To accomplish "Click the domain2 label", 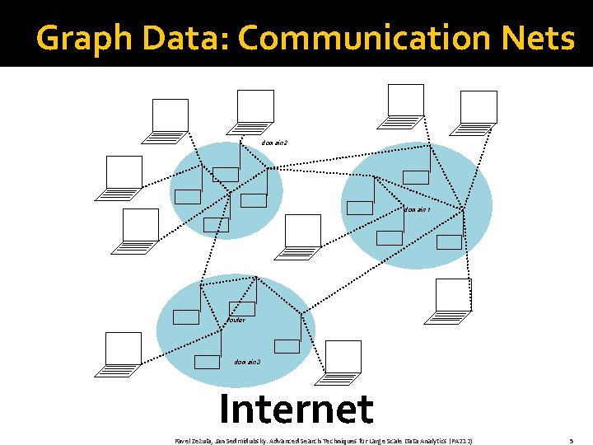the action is coord(274,143).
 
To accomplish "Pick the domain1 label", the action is coord(418,209).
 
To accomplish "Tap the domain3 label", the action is coord(247,361).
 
